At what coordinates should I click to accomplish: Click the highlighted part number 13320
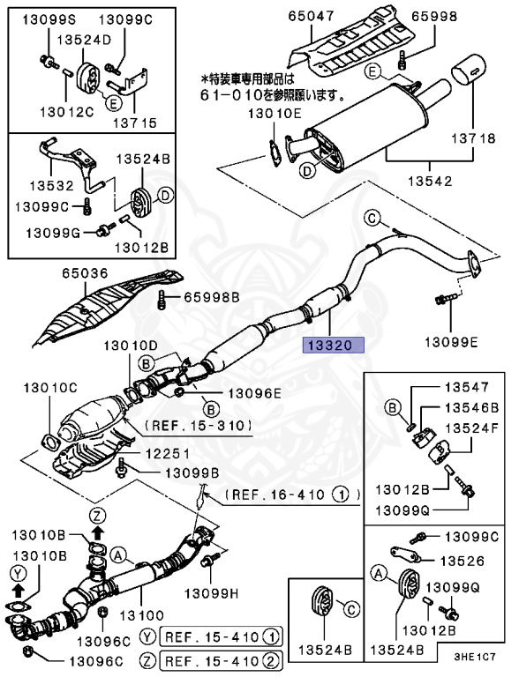334,346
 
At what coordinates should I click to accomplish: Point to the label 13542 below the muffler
426,182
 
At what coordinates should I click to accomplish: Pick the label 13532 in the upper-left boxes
49,186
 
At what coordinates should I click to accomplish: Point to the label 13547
465,387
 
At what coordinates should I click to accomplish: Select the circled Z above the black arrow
98,517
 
